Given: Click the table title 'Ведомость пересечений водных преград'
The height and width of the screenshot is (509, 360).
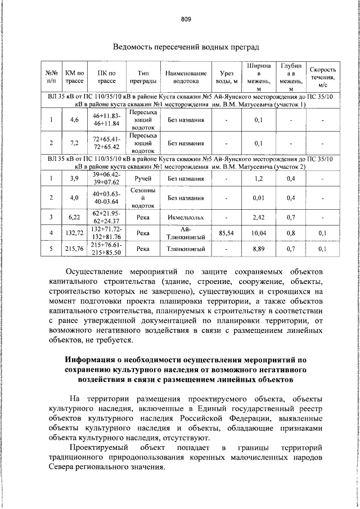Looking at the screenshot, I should tap(185, 47).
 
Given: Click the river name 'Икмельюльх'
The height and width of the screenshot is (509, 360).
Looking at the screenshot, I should tap(186, 216).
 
